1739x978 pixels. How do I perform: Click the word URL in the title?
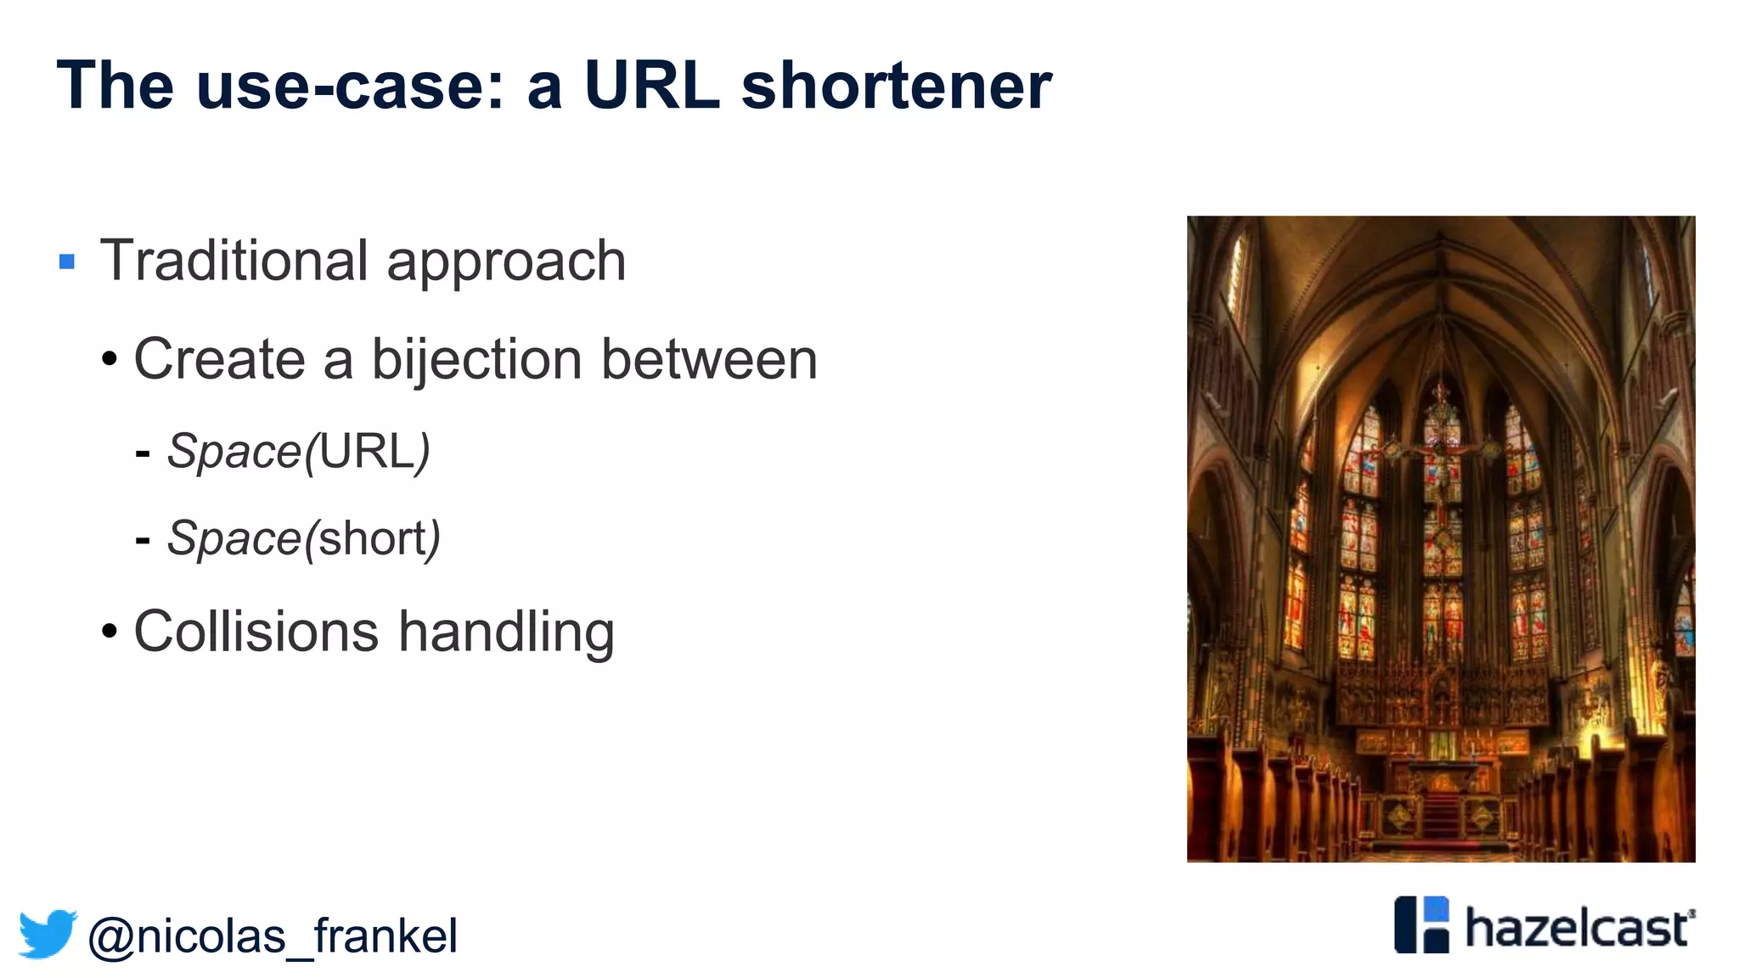(x=651, y=86)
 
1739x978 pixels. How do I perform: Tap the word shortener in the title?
(x=896, y=86)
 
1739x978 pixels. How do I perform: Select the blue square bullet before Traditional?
(x=67, y=261)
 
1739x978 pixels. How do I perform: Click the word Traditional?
(x=234, y=261)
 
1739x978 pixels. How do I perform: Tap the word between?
(x=709, y=359)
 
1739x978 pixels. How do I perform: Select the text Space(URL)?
(x=298, y=451)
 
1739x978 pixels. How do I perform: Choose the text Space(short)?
(x=303, y=538)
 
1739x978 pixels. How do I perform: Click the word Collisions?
(x=256, y=632)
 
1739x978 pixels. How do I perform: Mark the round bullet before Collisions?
(x=110, y=632)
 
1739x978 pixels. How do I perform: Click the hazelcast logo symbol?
(x=1421, y=925)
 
